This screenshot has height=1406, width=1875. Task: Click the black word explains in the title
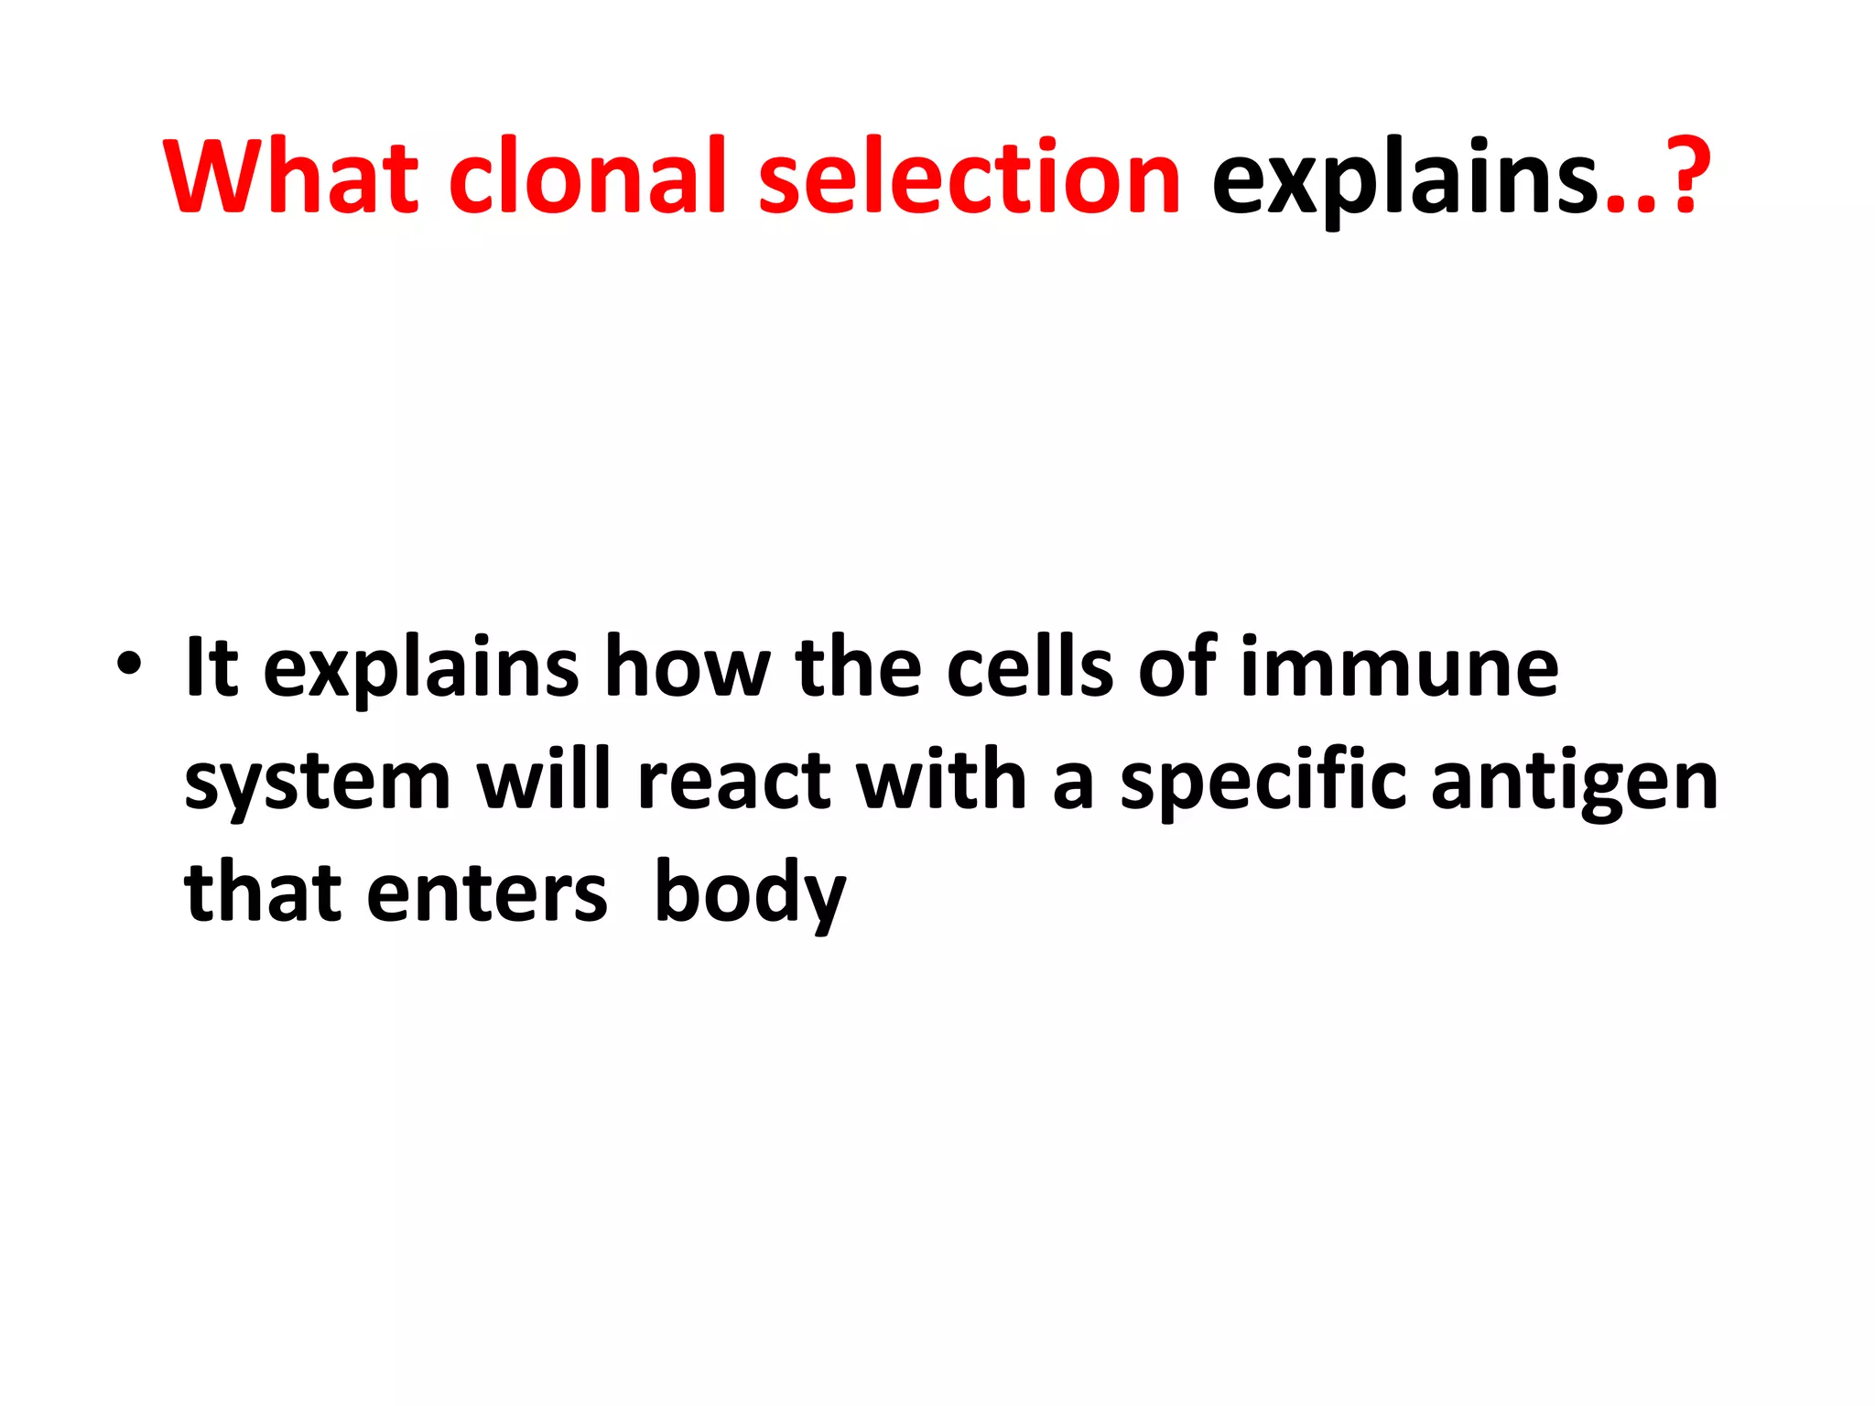1406,178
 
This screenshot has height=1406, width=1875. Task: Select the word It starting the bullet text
211,667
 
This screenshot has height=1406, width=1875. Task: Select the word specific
1263,784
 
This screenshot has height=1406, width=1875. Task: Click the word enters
486,895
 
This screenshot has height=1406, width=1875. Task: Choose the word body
750,895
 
